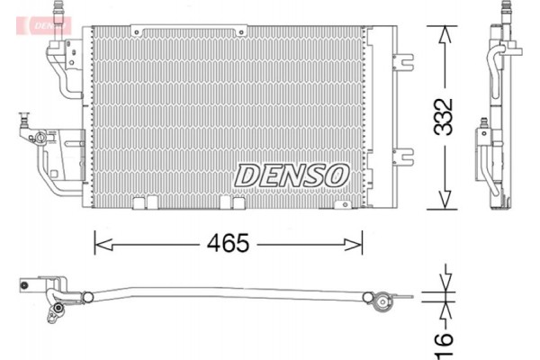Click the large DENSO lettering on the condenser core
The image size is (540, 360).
point(291,174)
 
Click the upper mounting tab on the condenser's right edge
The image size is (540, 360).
point(399,62)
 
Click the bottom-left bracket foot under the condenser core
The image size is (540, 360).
point(139,204)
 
